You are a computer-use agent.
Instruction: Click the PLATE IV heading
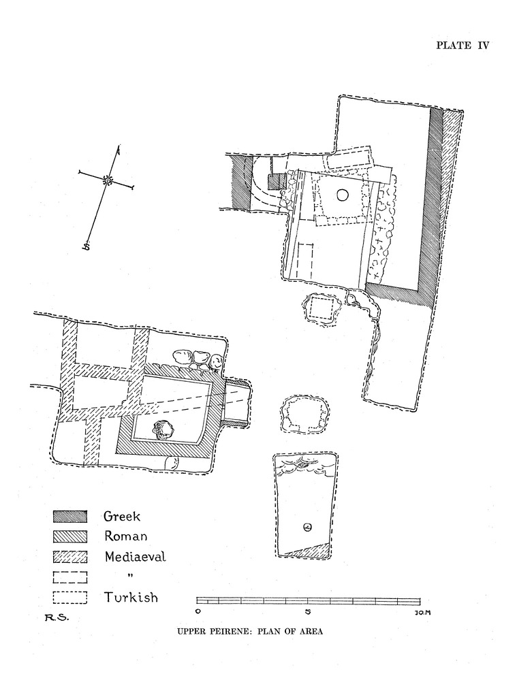[x=463, y=46]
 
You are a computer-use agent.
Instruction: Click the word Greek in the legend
[x=122, y=517]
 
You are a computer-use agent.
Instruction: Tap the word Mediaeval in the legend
[x=136, y=557]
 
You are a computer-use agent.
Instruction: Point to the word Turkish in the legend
[x=131, y=598]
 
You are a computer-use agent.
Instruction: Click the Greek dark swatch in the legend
[x=70, y=517]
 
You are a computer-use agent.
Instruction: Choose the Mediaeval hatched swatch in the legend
[x=70, y=557]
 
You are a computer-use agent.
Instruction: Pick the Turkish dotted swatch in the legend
[x=70, y=598]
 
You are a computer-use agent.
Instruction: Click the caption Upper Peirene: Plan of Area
[x=249, y=631]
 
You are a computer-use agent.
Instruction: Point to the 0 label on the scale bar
[x=198, y=611]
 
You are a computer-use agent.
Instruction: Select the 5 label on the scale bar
[x=308, y=611]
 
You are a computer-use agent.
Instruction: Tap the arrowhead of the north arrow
[x=119, y=149]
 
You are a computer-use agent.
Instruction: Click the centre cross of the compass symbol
[x=107, y=180]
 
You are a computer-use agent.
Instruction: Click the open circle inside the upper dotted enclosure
[x=342, y=195]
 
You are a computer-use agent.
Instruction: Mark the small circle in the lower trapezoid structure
[x=307, y=528]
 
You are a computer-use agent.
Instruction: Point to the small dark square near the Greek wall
[x=275, y=182]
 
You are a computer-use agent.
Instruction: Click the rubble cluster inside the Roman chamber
[x=162, y=429]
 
